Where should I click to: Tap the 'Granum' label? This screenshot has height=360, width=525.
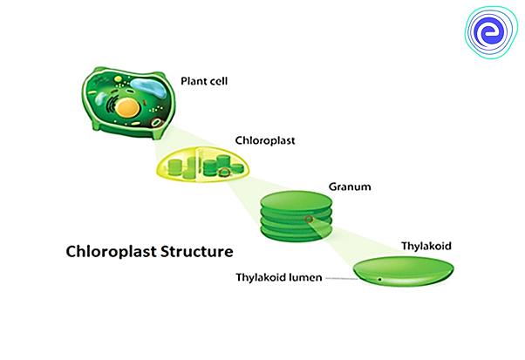(x=346, y=187)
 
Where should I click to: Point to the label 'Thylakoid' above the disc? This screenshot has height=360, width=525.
(x=425, y=246)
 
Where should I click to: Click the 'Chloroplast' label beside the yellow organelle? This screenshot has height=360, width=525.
(x=264, y=139)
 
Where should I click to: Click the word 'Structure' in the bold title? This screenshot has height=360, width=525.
(x=194, y=252)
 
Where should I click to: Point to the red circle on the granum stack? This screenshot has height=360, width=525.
(x=309, y=220)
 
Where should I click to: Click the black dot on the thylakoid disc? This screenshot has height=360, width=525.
(x=380, y=280)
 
